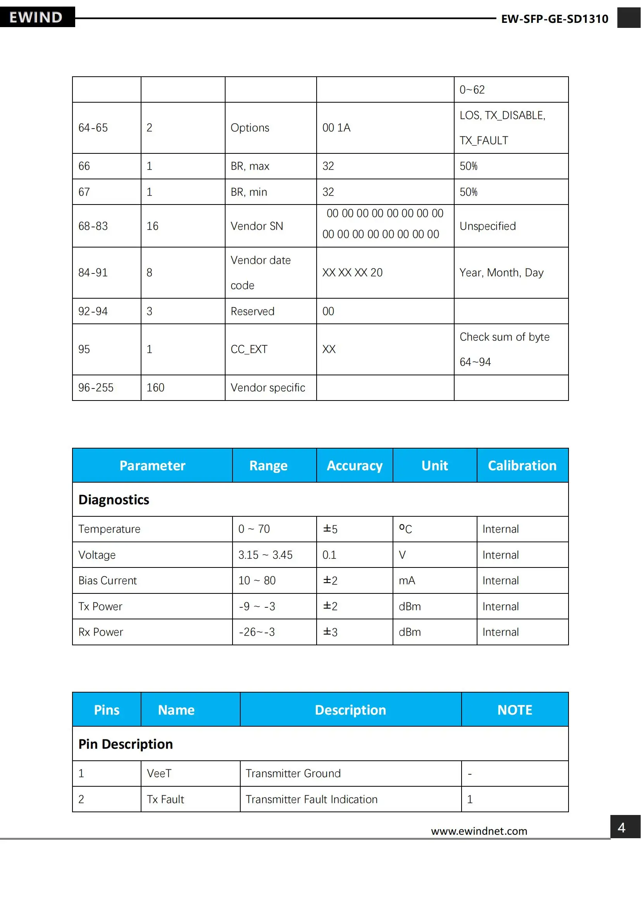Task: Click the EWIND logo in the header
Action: click(36, 17)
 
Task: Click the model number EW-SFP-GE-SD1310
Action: click(554, 19)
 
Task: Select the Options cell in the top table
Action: click(250, 128)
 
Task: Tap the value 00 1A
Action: click(336, 128)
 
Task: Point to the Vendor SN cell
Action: click(257, 226)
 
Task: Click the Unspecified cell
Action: click(488, 226)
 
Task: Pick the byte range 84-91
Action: click(93, 273)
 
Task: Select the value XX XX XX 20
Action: click(352, 273)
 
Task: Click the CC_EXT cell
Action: click(249, 349)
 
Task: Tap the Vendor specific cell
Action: click(268, 387)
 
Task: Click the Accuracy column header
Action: click(355, 466)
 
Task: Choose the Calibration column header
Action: click(522, 466)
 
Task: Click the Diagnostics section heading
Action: click(114, 500)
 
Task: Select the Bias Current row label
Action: click(107, 581)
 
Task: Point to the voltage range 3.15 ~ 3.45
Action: click(265, 555)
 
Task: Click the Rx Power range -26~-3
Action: click(257, 632)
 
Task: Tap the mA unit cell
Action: click(407, 581)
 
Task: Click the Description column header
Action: click(350, 710)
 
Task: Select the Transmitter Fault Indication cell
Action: click(312, 799)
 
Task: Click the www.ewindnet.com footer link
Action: click(479, 831)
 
